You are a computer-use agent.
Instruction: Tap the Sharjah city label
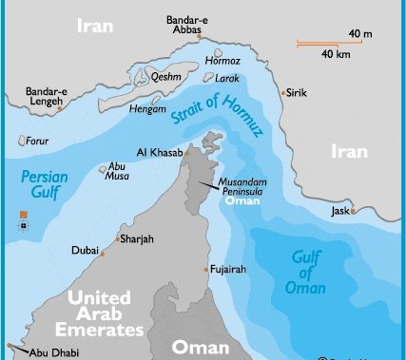click(137, 239)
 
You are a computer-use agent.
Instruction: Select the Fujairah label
click(227, 270)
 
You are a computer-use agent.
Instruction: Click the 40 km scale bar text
click(335, 53)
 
